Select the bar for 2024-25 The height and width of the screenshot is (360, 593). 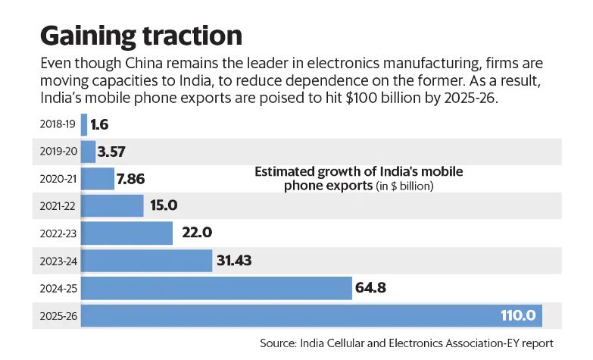coord(216,288)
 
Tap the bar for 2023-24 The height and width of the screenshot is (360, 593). coord(146,261)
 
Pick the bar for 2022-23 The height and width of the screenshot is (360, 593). coord(126,233)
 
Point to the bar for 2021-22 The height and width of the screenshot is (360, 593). coord(112,206)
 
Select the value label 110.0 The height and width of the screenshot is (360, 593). coord(518,315)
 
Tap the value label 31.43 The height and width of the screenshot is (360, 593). coord(235,261)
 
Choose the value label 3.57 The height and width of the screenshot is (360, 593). coord(117,152)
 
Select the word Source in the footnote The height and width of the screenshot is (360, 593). coord(279,343)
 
